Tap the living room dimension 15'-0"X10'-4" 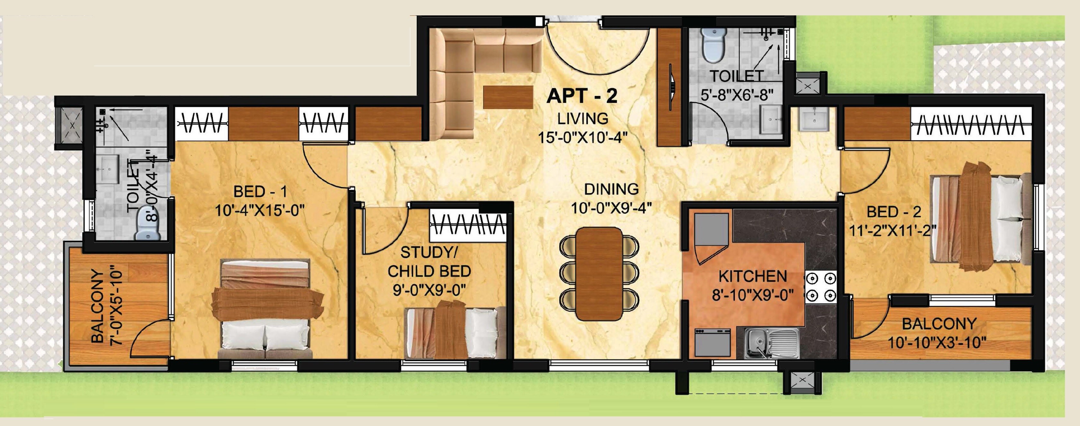pos(582,137)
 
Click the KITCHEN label pos(753,277)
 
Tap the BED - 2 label pos(893,212)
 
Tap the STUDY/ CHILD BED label pos(429,262)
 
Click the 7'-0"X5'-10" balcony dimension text pos(117,307)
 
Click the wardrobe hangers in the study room pos(468,225)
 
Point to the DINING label pos(611,189)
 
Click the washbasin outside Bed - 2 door pos(813,119)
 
